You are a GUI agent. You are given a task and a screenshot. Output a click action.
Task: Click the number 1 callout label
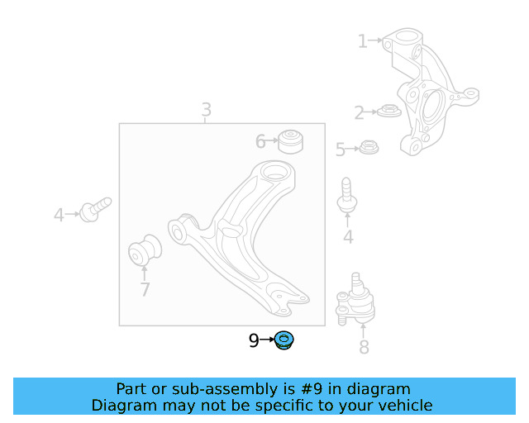click(x=362, y=40)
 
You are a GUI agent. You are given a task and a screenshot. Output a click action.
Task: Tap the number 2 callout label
click(x=359, y=113)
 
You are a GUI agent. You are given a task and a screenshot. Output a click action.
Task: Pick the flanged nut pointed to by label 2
click(x=388, y=111)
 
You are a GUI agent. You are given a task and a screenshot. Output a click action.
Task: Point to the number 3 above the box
click(x=206, y=109)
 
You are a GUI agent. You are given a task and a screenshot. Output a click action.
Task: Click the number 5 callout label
click(x=340, y=150)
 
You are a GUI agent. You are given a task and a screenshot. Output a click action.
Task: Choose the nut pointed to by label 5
click(x=368, y=149)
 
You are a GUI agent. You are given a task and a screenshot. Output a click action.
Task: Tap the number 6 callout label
click(x=260, y=141)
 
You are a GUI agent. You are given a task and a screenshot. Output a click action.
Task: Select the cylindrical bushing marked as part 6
click(x=290, y=140)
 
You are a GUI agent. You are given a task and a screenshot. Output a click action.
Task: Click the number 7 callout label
click(x=145, y=289)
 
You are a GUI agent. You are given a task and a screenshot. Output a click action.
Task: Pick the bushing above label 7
click(x=145, y=251)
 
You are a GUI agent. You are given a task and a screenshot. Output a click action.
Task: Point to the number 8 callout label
click(x=364, y=347)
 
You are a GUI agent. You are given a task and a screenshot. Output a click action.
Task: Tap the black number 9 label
click(x=254, y=340)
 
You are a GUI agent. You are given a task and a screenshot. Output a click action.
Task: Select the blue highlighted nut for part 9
click(x=285, y=340)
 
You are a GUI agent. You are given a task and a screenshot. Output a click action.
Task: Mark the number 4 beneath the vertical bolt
click(x=348, y=238)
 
